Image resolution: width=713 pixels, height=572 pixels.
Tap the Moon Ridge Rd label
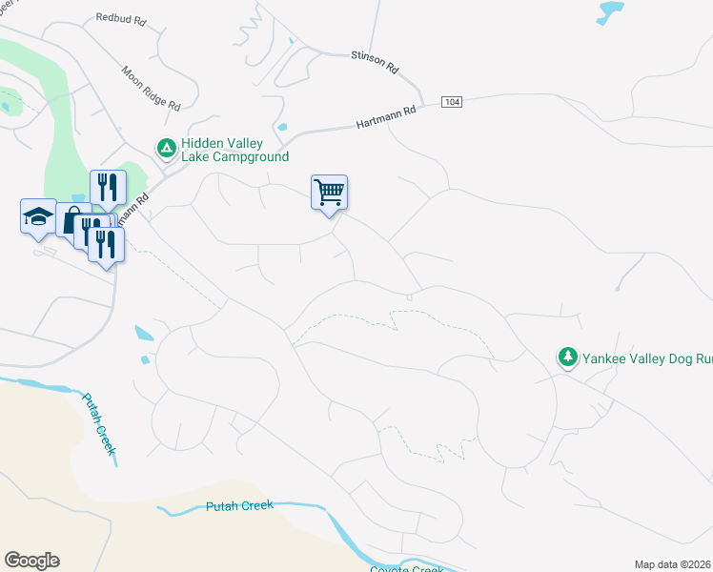coord(151,87)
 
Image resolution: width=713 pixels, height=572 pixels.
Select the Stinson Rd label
coord(375,60)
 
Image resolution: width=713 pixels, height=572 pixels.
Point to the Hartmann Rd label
coord(387,117)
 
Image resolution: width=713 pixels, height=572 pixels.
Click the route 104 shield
coord(452,102)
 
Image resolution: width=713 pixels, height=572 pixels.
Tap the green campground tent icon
coord(166,148)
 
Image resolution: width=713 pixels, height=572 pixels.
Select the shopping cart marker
coord(329,193)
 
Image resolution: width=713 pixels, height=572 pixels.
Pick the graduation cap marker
coord(38,216)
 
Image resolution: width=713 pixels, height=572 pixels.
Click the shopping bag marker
coord(71,221)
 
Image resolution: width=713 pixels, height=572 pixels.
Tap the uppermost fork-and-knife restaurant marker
coord(107,188)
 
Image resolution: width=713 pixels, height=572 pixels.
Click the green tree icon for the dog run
coord(568,357)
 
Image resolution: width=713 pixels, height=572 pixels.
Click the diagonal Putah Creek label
coord(98,429)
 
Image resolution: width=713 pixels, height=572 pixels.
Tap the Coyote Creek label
coord(406,568)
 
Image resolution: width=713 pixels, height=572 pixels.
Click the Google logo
coord(31,561)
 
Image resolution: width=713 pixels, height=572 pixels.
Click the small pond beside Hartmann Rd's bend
coord(282,128)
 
